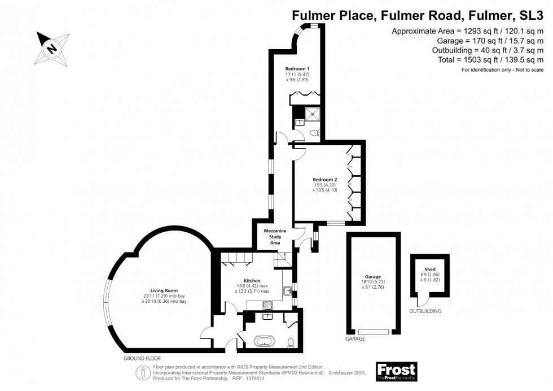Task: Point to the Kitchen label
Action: [252, 281]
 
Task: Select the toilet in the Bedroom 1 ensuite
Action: [314, 133]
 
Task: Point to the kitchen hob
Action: [269, 305]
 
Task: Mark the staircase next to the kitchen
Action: [281, 259]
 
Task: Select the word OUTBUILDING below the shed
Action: [426, 311]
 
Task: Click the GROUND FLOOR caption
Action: [142, 358]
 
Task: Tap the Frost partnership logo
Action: [396, 371]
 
